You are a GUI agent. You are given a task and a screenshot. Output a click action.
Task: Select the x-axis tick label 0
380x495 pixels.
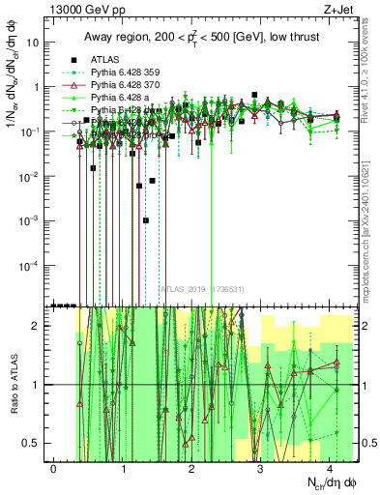coord(54,468)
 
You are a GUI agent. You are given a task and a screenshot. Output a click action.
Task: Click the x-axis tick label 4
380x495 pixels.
coord(330,468)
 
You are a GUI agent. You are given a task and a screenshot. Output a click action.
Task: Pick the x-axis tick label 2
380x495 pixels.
coord(192,468)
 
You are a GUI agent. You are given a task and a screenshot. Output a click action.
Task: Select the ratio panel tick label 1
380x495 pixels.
coord(35,385)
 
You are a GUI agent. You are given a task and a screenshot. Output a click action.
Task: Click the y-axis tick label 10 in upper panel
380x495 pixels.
coord(31,43)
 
